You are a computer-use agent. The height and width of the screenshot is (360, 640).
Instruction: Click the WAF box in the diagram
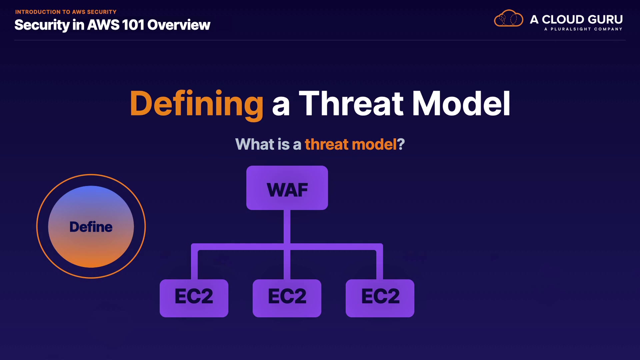[x=287, y=188]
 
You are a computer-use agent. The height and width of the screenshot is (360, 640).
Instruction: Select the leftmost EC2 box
[x=194, y=298]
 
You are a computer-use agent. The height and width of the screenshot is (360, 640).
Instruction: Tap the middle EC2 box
[x=287, y=298]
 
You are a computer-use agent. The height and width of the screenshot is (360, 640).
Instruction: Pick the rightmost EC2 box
[x=380, y=298]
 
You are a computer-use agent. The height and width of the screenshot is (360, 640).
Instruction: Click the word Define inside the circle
[x=91, y=227]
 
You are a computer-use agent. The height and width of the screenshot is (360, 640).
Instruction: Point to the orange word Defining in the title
[x=197, y=104]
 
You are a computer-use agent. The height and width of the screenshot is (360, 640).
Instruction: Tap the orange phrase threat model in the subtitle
[x=351, y=144]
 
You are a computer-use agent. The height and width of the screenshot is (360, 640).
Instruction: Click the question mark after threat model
[x=401, y=144]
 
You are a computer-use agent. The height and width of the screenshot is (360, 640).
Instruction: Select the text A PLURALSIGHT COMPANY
[x=583, y=29]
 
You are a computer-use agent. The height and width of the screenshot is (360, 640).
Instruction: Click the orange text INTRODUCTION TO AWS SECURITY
[x=66, y=12]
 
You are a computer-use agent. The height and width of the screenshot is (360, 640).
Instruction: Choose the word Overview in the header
[x=179, y=25]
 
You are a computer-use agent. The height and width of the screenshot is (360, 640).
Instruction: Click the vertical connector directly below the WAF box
[x=287, y=227]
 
